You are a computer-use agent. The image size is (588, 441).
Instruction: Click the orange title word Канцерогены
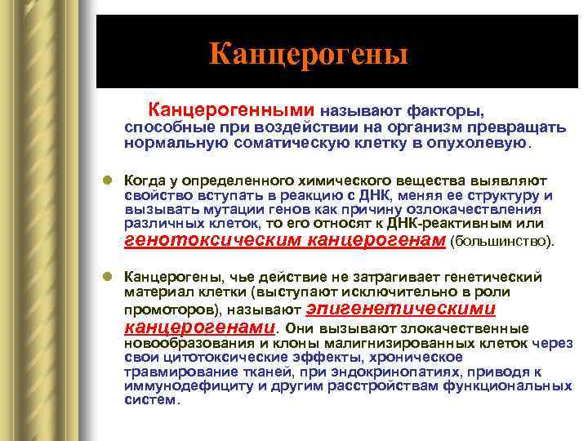308,54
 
